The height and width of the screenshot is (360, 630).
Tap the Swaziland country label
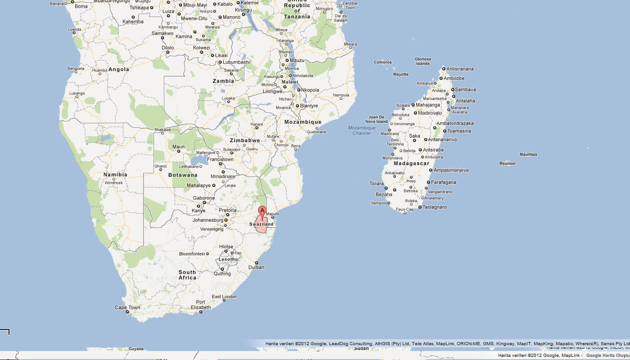click(261, 224)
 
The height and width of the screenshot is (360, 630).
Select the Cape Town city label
click(127, 308)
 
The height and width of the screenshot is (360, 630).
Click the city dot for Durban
click(256, 263)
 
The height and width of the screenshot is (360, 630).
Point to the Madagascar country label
click(411, 163)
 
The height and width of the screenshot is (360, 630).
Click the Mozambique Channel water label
click(361, 130)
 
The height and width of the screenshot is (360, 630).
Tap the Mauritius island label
click(528, 154)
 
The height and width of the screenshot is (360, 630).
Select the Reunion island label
click(507, 163)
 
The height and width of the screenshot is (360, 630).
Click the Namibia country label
click(115, 175)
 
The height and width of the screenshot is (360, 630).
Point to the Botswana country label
click(183, 175)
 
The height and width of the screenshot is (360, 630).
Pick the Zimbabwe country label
click(245, 140)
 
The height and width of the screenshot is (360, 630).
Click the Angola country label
click(119, 69)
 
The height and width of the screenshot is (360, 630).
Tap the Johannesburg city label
click(207, 220)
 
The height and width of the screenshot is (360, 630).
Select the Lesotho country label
click(228, 259)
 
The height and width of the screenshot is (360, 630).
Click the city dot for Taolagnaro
click(420, 207)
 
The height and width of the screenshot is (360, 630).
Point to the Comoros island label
click(382, 63)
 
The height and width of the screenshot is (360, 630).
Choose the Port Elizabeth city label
click(201, 305)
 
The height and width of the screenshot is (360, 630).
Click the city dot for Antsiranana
click(443, 69)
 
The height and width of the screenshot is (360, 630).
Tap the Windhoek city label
click(113, 183)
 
